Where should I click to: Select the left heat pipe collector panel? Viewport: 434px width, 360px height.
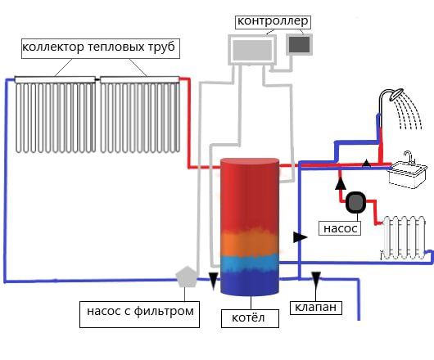point(57,117)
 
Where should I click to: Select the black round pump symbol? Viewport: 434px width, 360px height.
point(356,202)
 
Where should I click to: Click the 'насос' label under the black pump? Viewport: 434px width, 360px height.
point(340,229)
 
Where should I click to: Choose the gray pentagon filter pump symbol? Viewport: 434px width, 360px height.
point(189,277)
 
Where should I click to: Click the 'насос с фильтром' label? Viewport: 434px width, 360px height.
point(140,311)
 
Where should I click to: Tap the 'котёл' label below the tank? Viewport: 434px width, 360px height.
point(250,317)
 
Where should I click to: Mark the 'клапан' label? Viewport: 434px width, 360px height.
point(314,308)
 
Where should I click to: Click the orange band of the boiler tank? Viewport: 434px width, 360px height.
point(250,242)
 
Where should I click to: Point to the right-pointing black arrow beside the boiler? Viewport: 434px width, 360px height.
point(301,236)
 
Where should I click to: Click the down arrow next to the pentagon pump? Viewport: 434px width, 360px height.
point(214,282)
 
